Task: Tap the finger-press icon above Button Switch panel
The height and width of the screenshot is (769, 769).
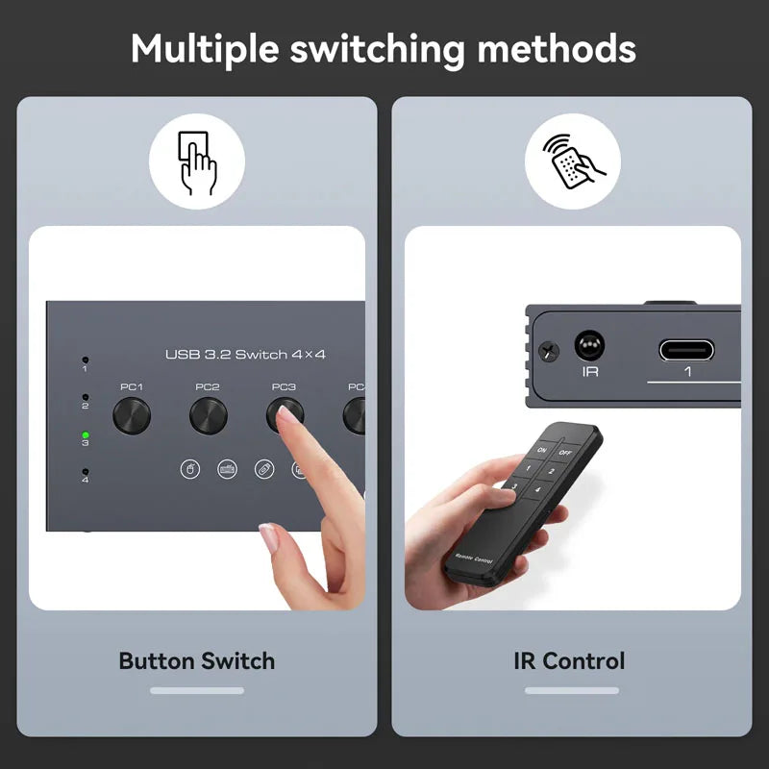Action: (x=197, y=162)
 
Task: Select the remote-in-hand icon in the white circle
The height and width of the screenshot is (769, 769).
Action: (x=572, y=162)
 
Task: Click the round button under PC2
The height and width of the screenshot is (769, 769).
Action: (x=208, y=415)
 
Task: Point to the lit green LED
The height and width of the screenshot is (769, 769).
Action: (x=86, y=434)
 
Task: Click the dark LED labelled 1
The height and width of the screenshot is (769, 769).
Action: (x=85, y=360)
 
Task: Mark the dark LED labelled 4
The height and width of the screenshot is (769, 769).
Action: (x=86, y=470)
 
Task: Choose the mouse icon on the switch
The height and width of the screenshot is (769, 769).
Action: (x=190, y=469)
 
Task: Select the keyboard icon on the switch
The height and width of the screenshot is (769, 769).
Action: (x=227, y=469)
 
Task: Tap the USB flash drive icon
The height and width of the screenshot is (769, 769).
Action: (x=264, y=469)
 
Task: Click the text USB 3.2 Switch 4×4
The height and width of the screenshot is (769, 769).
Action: (x=245, y=355)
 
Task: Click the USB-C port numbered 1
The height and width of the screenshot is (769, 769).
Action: (x=686, y=349)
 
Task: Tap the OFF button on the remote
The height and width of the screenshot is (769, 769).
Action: (x=565, y=451)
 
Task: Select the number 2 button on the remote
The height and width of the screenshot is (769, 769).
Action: (x=551, y=471)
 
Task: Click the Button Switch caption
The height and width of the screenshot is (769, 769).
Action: (x=197, y=661)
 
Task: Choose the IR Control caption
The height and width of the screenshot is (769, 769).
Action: (x=569, y=661)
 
